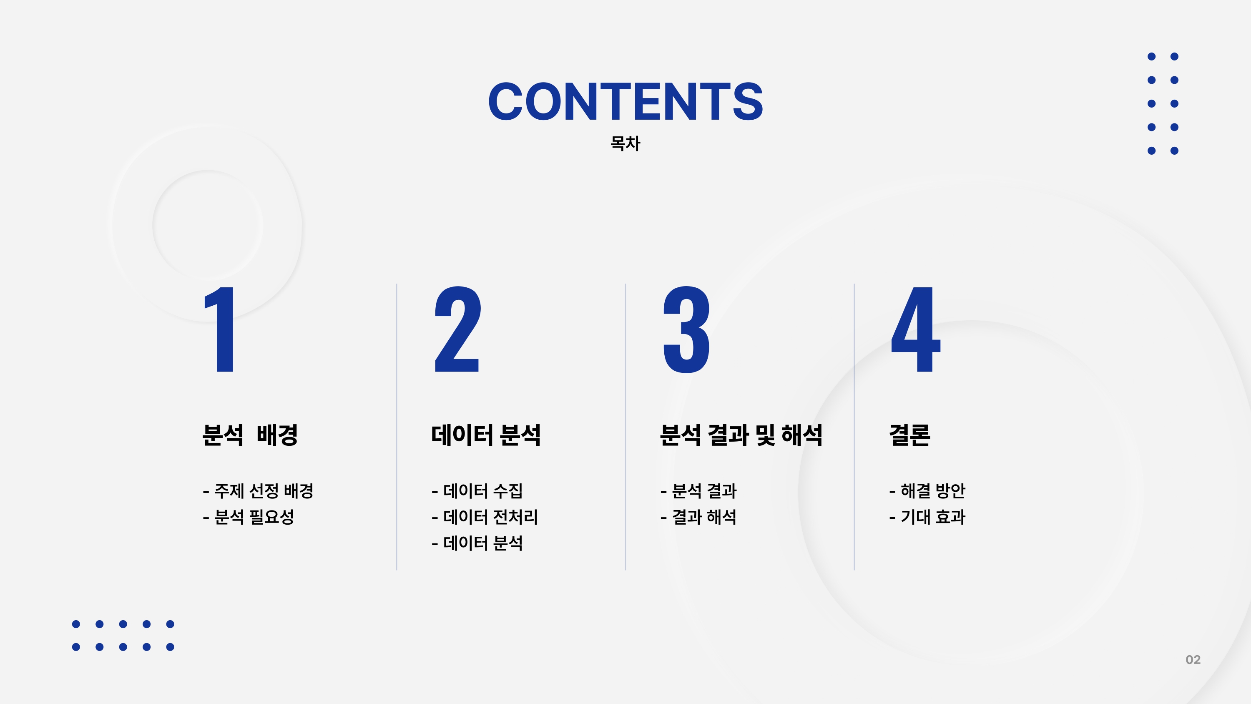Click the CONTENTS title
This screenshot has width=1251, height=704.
(x=625, y=101)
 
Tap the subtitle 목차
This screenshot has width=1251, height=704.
(x=625, y=143)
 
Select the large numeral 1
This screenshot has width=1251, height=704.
(x=220, y=329)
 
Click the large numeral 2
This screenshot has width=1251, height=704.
(x=457, y=329)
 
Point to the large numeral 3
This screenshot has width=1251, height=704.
(x=687, y=329)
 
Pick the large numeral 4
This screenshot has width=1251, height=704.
(x=916, y=329)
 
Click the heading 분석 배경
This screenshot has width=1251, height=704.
(x=250, y=435)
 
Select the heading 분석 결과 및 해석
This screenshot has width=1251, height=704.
(x=741, y=435)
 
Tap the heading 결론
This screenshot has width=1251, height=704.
(x=909, y=435)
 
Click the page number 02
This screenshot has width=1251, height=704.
(x=1193, y=659)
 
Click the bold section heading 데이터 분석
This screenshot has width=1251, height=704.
(x=486, y=435)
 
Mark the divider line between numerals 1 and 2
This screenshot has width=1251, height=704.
(x=397, y=427)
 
